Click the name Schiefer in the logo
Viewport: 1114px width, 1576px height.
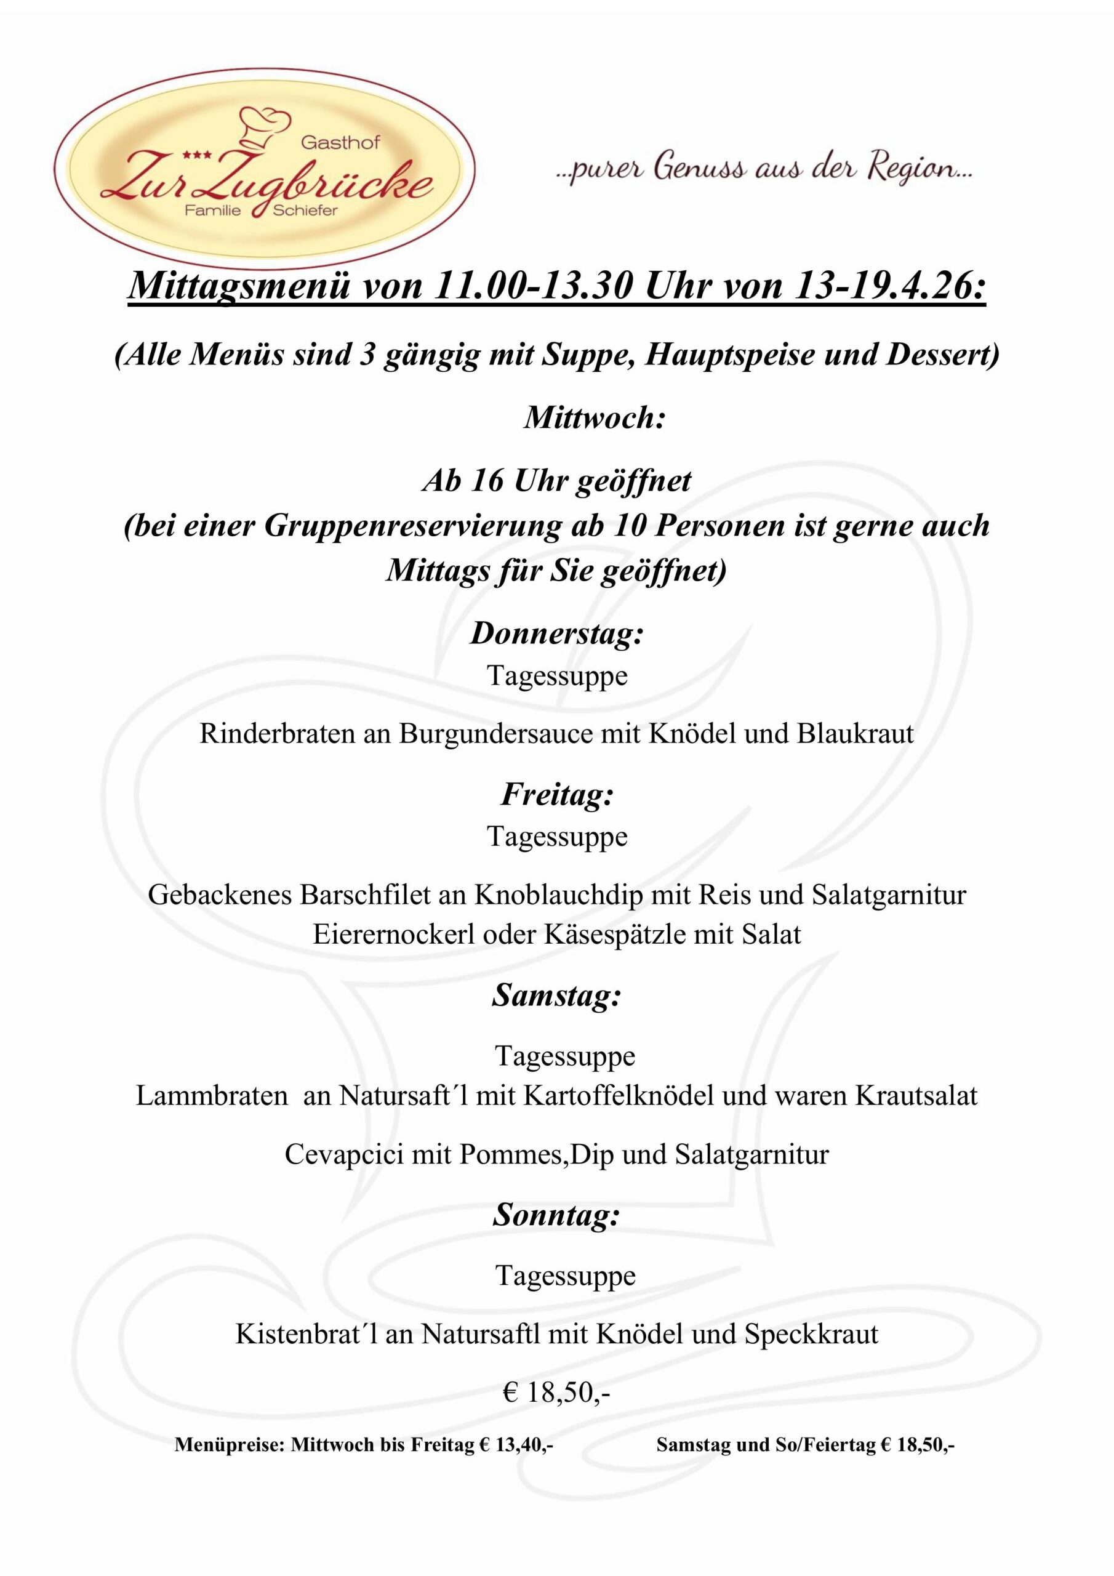pyautogui.click(x=305, y=210)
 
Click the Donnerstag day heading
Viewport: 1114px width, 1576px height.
pyautogui.click(x=556, y=633)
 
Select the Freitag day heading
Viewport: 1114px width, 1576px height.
pyautogui.click(x=556, y=794)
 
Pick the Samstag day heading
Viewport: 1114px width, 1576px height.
pyautogui.click(x=556, y=995)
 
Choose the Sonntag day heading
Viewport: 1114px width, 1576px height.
pyautogui.click(x=556, y=1215)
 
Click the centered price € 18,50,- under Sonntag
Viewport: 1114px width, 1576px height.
pyautogui.click(x=556, y=1392)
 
